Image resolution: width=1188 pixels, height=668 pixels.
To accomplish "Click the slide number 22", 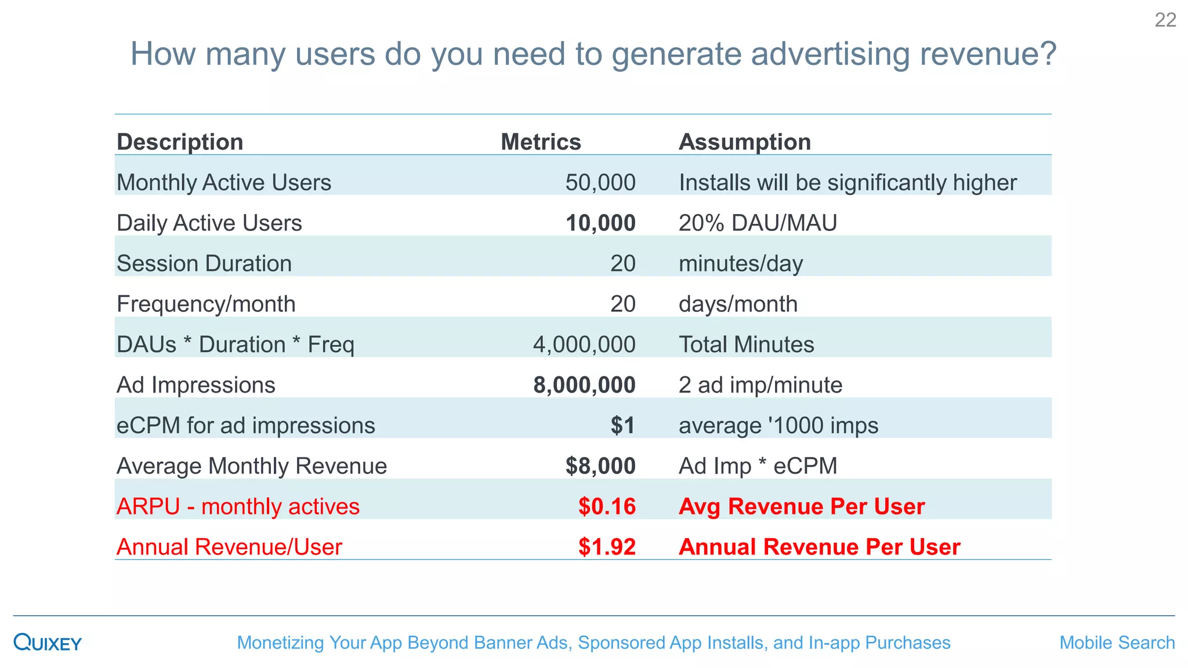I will (x=1165, y=20).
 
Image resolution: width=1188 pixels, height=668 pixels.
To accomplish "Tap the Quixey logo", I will (x=48, y=642).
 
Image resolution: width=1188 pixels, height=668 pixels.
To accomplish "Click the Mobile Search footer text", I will (x=1117, y=642).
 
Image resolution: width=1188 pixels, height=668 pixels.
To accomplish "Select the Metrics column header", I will (x=541, y=142).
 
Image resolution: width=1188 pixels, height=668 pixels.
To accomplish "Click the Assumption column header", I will (x=744, y=142).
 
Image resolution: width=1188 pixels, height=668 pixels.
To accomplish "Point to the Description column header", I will (x=180, y=142).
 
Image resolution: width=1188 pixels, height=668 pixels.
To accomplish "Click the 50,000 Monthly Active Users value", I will (x=600, y=183).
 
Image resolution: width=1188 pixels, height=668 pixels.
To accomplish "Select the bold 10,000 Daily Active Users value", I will (x=600, y=223).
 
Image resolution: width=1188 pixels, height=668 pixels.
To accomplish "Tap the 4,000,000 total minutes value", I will (x=584, y=344).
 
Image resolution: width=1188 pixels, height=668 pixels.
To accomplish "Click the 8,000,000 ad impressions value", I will (x=584, y=385).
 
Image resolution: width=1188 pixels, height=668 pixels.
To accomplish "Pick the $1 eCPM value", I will (x=622, y=426).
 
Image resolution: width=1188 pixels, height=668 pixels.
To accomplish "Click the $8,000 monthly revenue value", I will (x=600, y=466).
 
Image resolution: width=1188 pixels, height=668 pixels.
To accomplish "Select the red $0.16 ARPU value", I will (x=607, y=507).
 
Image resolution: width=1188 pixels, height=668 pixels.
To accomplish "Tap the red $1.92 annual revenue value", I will (x=607, y=547).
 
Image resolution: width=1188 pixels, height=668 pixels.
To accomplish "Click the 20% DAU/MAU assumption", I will (x=758, y=223).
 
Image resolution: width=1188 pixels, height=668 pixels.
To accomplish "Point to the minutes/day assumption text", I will (x=741, y=264).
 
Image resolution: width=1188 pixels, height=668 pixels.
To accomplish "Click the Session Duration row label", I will (x=204, y=264).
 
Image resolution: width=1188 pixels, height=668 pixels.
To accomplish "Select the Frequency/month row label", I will (x=206, y=304).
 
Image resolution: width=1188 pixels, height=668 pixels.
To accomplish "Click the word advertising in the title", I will (x=830, y=54).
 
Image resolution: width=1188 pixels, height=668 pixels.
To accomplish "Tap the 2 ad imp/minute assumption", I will (x=760, y=385).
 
